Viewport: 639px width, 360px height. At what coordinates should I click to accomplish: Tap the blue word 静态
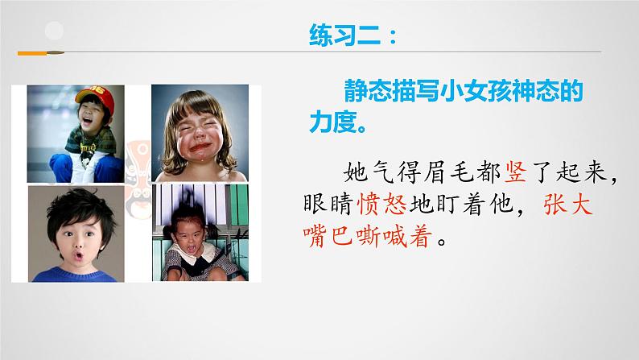click(369, 93)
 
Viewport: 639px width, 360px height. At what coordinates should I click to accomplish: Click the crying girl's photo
click(199, 132)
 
